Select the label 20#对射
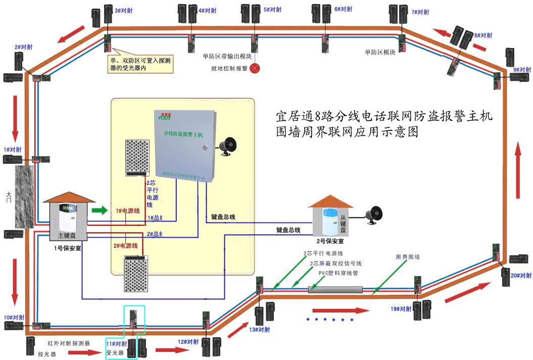(x=521, y=276)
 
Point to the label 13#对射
(x=260, y=329)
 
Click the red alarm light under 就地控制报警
(x=256, y=68)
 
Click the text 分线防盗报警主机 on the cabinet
(x=183, y=134)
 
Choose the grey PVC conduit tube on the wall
(x=335, y=289)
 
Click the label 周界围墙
(x=407, y=257)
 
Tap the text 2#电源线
(x=126, y=245)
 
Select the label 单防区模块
(x=379, y=52)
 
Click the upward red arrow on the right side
(x=518, y=170)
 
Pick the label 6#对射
(x=344, y=9)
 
